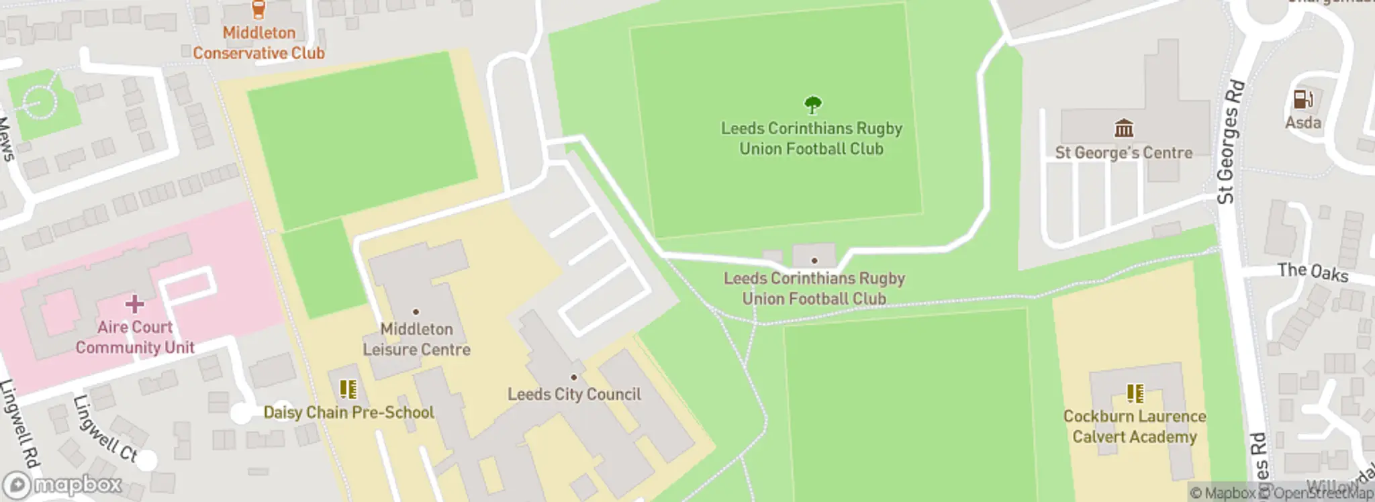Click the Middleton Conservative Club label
point(258,43)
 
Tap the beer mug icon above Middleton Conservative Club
point(258,9)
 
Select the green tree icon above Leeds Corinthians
point(812,105)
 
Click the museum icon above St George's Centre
point(1123,128)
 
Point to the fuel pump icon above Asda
point(1302,99)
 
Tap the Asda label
point(1302,123)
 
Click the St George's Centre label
point(1123,153)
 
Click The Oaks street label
point(1312,272)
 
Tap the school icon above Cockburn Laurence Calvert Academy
point(1135,393)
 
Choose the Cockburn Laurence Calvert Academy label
point(1135,427)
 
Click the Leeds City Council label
point(574,395)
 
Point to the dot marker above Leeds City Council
point(573,377)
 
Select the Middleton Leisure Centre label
point(416,340)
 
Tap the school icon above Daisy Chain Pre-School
point(348,389)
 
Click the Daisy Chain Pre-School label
point(348,413)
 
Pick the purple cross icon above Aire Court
point(134,304)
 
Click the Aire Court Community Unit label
point(134,338)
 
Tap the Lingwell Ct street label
point(105,430)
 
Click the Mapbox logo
point(63,485)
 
